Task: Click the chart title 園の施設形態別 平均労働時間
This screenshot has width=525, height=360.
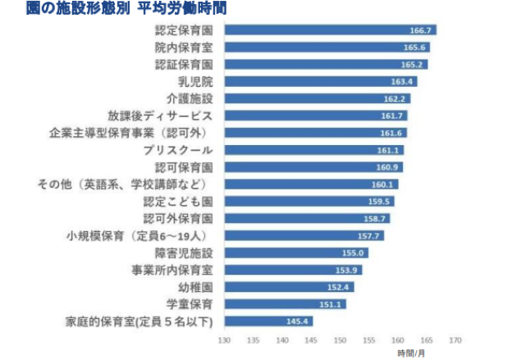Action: [x=114, y=9]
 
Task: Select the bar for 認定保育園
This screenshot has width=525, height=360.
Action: [x=328, y=30]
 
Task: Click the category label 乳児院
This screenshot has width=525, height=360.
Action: [x=196, y=81]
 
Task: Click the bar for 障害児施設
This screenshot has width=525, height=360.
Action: [x=295, y=253]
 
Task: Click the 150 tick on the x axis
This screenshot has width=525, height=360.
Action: [x=339, y=339]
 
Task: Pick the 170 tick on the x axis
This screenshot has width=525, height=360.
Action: [x=455, y=339]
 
